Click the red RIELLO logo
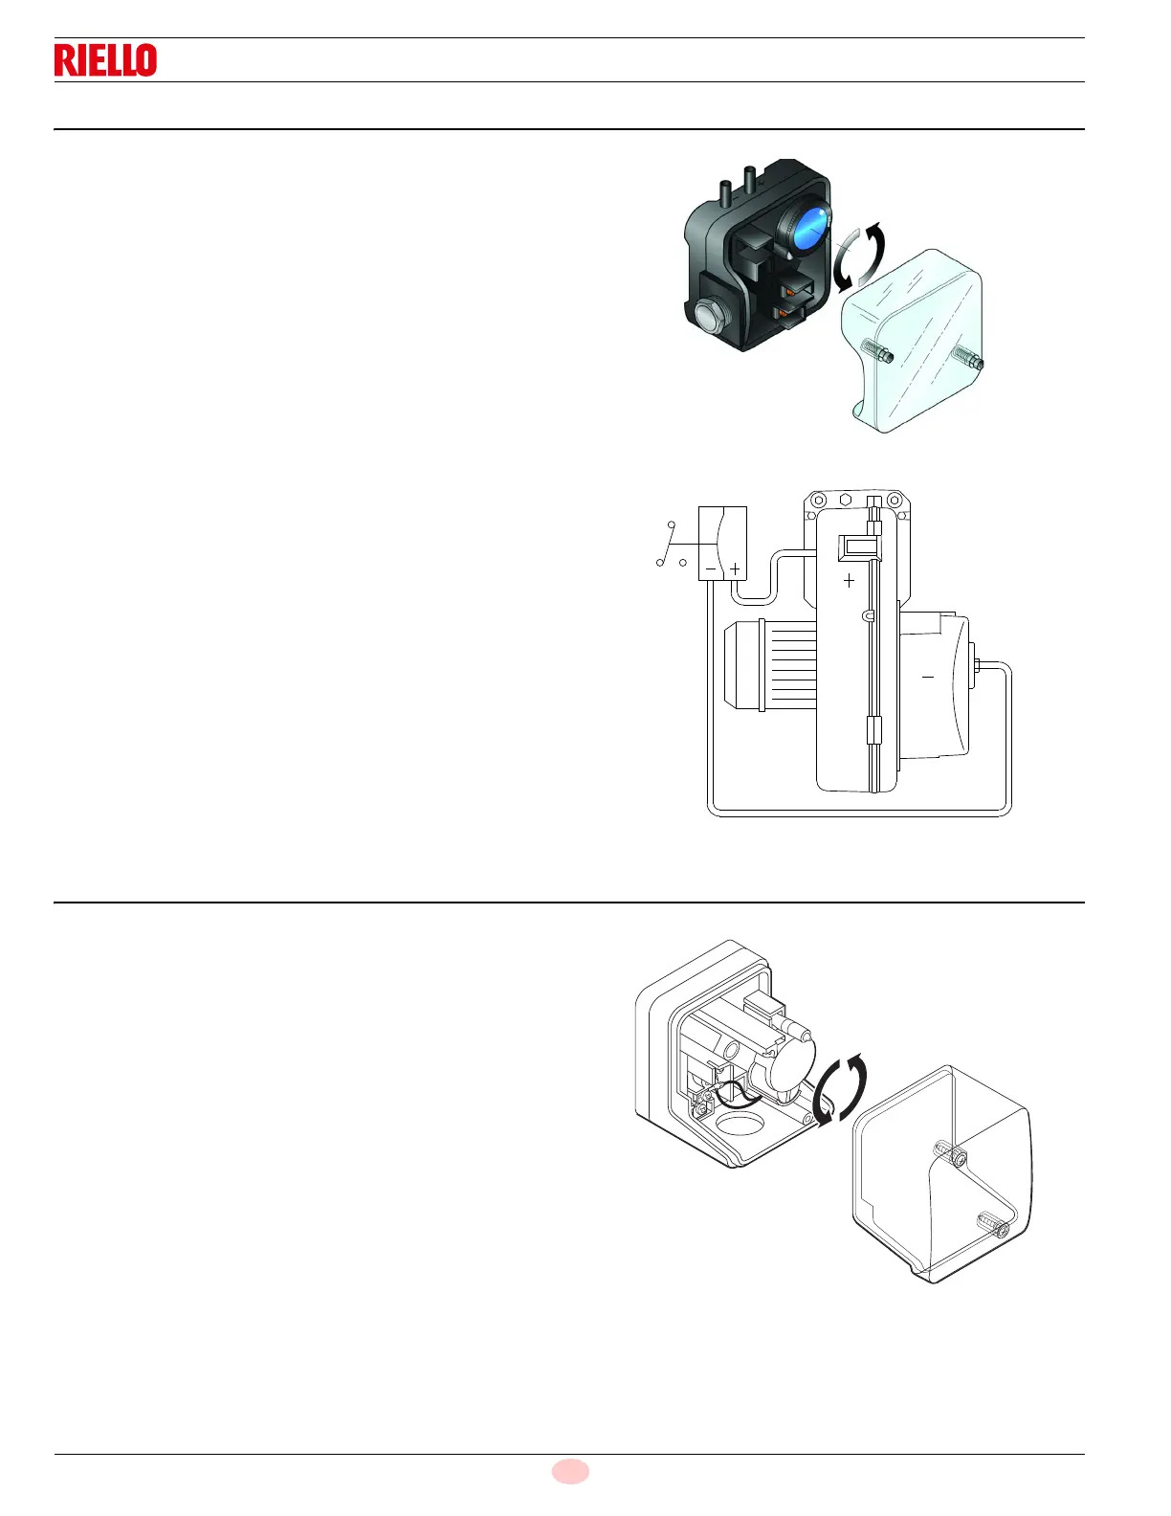click(105, 60)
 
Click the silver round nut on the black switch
click(708, 316)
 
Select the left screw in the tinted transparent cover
click(878, 352)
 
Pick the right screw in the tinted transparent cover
click(967, 359)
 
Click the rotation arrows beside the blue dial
click(858, 257)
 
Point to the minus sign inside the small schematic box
click(711, 568)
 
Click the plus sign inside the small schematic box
click(735, 568)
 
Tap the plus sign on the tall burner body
click(849, 580)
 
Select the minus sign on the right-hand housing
click(927, 678)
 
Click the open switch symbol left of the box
click(671, 546)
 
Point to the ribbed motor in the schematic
click(771, 666)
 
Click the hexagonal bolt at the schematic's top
click(846, 500)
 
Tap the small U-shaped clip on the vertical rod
click(868, 616)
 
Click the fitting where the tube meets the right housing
click(973, 662)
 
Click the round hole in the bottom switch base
click(739, 1123)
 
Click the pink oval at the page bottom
click(570, 1471)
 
